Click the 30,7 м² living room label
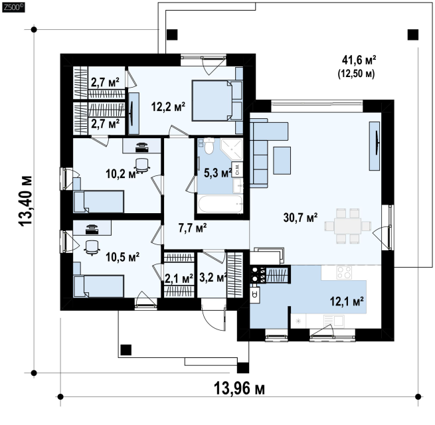[300, 218]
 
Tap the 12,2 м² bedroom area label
[168, 106]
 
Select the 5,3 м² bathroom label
[218, 173]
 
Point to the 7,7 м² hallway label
[193, 228]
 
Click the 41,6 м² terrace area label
[359, 59]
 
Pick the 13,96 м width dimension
[239, 388]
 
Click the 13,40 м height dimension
[26, 201]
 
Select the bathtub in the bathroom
[220, 204]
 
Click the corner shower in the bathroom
[232, 149]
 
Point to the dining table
[348, 226]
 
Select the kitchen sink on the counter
[334, 321]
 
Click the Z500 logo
[13, 7]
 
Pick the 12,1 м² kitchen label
[347, 301]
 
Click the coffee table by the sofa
[282, 161]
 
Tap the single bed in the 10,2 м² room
[98, 202]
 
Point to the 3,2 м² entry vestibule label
[213, 277]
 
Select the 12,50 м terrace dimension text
[356, 74]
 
